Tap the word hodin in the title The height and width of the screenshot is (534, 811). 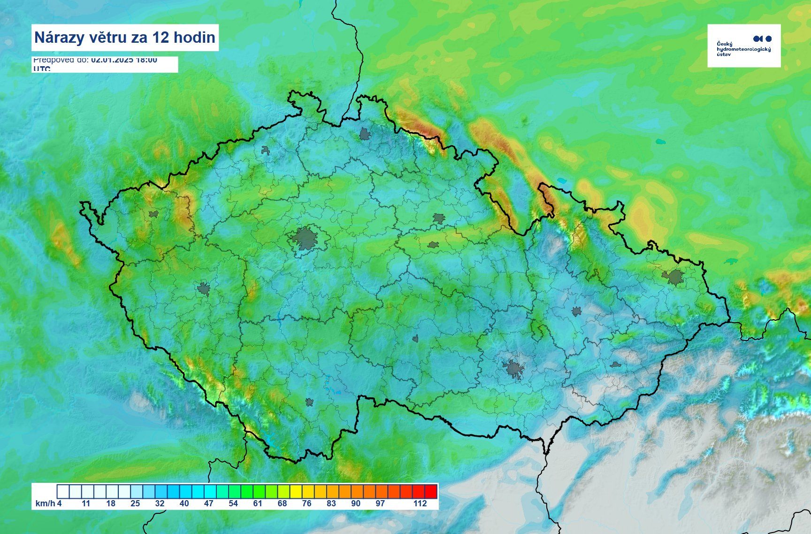[x=194, y=38]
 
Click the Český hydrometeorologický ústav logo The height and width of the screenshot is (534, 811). [x=743, y=46]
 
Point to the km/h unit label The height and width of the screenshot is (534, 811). [x=45, y=503]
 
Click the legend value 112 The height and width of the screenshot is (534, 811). [x=420, y=503]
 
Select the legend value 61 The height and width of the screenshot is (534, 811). [x=258, y=503]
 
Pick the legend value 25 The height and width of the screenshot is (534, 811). [x=135, y=503]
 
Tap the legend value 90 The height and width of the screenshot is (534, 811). [x=356, y=503]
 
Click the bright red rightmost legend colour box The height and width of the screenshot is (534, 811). [x=430, y=491]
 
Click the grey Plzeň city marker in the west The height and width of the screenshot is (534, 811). [x=203, y=288]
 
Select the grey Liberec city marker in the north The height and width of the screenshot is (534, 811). [x=365, y=135]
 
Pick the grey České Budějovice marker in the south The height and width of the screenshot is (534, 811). [x=309, y=402]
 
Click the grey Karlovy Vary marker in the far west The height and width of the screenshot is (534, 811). [x=153, y=214]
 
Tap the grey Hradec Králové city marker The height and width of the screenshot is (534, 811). [x=438, y=218]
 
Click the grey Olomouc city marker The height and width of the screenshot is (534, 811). [x=577, y=311]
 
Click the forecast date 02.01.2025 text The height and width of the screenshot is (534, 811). [x=112, y=60]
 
